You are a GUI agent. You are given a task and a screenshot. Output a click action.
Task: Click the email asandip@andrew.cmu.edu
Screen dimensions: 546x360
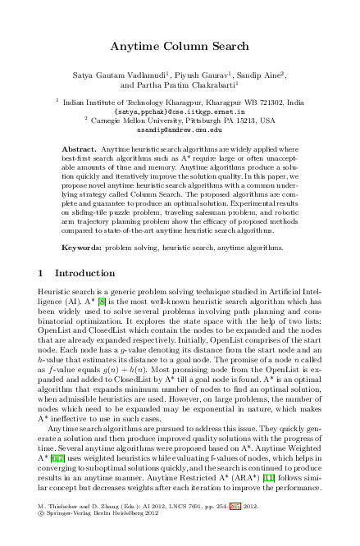180,130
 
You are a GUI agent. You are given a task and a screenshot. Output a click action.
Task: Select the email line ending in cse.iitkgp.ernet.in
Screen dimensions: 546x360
180,111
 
